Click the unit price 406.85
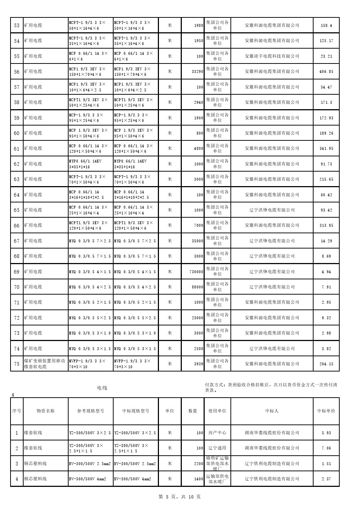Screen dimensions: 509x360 [326, 71]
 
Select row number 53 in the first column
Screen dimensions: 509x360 [17, 25]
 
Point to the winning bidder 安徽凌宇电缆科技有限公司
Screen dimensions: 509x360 [272, 56]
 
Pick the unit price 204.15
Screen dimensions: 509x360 [326, 364]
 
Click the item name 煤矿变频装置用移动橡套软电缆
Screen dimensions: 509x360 [44, 364]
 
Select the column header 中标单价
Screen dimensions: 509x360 [326, 411]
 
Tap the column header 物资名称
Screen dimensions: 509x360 [46, 411]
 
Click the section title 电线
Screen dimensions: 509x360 [102, 388]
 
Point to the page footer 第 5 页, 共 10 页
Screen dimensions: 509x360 [180, 497]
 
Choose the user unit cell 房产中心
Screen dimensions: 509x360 [217, 433]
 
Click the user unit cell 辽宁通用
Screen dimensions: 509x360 [217, 448]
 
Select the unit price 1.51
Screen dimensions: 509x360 [326, 464]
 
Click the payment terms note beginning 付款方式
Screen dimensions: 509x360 [271, 387]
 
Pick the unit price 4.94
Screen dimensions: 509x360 [326, 272]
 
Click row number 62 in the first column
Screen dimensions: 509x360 [17, 164]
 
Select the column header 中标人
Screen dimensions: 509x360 [272, 411]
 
